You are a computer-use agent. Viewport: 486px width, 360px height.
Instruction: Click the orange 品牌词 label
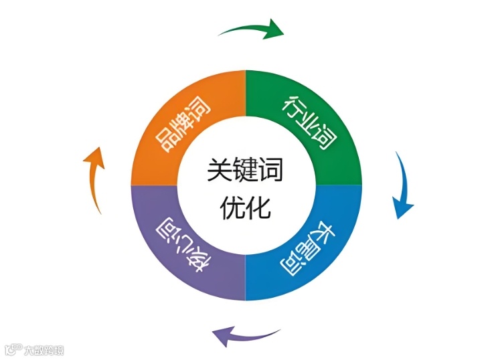[x=182, y=124]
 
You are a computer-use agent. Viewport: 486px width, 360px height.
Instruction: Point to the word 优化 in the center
[x=246, y=207]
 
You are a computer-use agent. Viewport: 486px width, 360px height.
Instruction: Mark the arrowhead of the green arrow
[x=274, y=29]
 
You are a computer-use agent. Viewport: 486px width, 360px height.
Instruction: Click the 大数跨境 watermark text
[x=44, y=350]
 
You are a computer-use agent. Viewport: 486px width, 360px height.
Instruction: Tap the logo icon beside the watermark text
[x=12, y=350]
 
